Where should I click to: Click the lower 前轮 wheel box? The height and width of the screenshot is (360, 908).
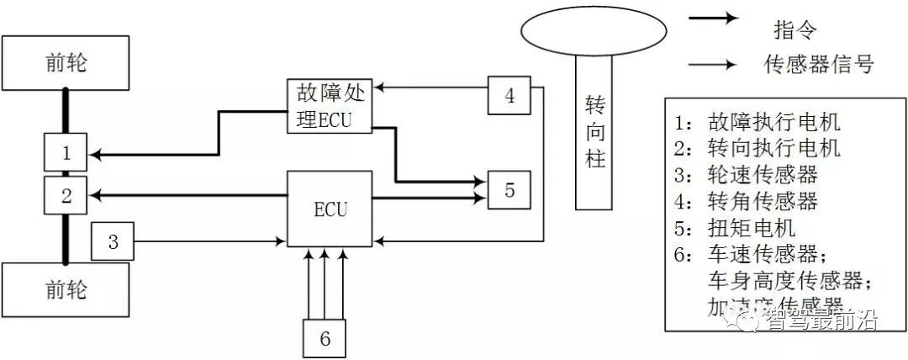(66, 291)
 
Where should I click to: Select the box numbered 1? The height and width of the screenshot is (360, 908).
(66, 153)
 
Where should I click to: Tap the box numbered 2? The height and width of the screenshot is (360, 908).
(66, 195)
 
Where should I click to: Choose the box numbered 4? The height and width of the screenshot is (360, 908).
(509, 95)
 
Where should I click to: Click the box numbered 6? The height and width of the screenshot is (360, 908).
(325, 338)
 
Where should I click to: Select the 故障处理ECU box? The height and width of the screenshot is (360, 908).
(330, 104)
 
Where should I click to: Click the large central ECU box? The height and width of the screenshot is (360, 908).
(330, 209)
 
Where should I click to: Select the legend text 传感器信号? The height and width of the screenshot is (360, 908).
(819, 64)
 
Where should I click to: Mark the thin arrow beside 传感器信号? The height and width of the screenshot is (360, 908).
(714, 63)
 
